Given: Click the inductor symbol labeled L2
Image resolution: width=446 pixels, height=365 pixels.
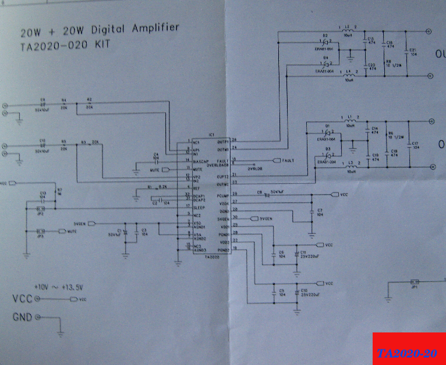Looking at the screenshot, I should [349, 29].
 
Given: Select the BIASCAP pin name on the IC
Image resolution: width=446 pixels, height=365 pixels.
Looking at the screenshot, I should [200, 160].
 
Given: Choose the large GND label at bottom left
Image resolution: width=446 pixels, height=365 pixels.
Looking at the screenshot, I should [23, 317].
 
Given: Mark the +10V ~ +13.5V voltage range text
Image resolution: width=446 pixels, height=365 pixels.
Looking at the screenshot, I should [58, 287].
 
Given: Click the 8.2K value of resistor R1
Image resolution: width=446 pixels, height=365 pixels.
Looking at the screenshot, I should [163, 187].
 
